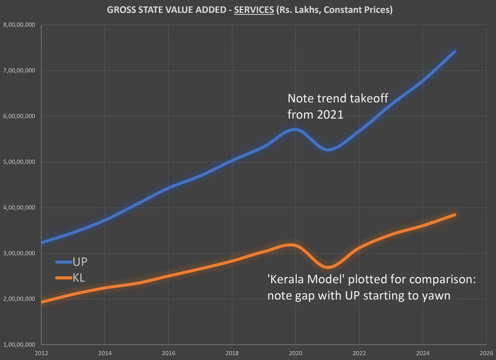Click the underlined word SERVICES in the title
254,10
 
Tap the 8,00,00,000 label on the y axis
19,25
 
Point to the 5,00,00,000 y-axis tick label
19,162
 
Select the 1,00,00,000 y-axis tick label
19,345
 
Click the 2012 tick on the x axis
41,353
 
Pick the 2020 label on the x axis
296,353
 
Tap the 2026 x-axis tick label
486,353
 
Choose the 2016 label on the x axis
169,353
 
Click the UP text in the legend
80,261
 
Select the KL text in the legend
78,278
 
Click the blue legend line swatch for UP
63,262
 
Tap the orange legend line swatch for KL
63,278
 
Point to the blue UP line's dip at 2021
328,150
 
